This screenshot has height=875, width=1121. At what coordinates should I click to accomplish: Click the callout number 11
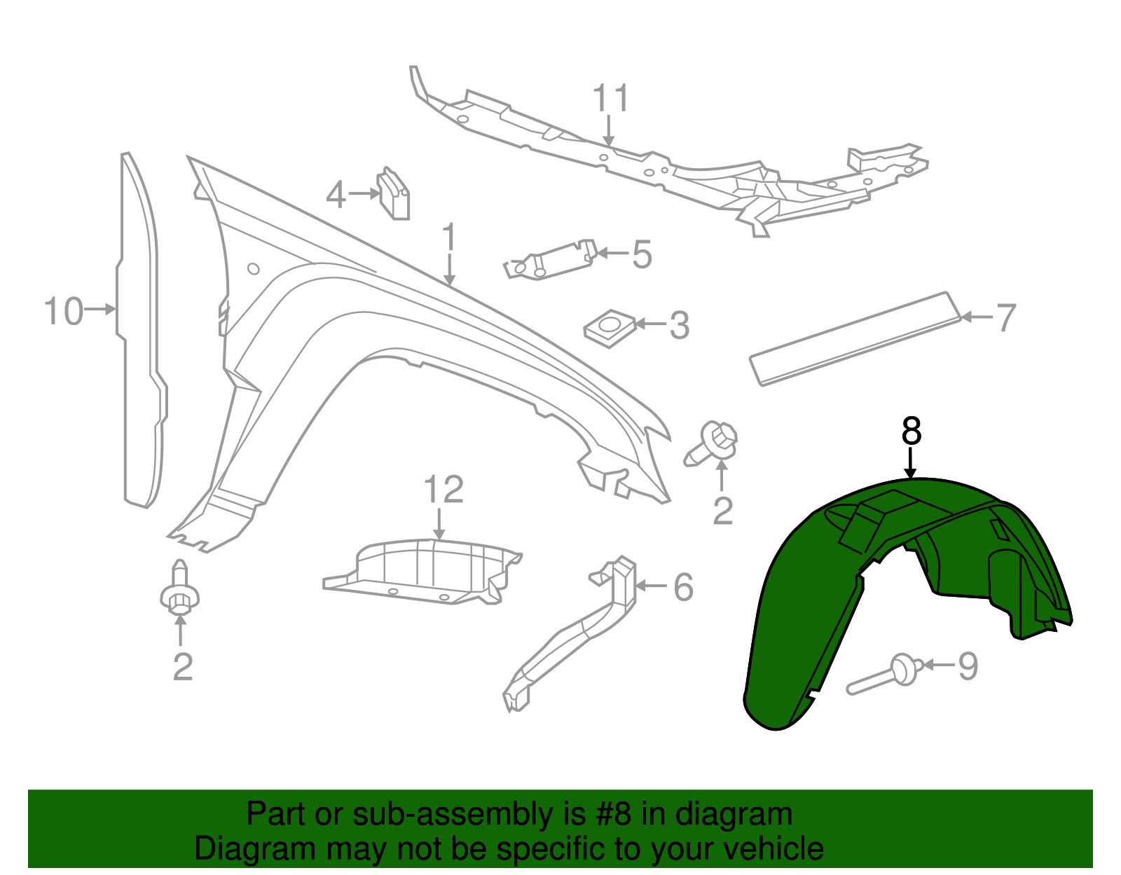(611, 99)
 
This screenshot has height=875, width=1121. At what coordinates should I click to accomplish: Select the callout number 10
(63, 311)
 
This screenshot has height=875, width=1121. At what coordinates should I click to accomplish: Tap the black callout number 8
(911, 432)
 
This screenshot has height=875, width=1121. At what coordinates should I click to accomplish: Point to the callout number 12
(443, 490)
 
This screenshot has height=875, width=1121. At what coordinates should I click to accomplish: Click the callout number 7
(1005, 318)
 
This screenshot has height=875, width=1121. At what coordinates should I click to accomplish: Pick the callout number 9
(968, 666)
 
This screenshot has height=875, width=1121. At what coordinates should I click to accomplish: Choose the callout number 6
(683, 587)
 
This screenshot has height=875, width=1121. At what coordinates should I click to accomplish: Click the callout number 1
(449, 238)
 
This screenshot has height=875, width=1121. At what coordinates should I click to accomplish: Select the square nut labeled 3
(610, 327)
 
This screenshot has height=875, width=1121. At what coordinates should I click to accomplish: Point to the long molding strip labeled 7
(855, 339)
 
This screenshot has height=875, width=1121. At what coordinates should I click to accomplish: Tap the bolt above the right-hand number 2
(713, 443)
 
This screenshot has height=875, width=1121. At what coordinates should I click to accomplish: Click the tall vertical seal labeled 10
(140, 329)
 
